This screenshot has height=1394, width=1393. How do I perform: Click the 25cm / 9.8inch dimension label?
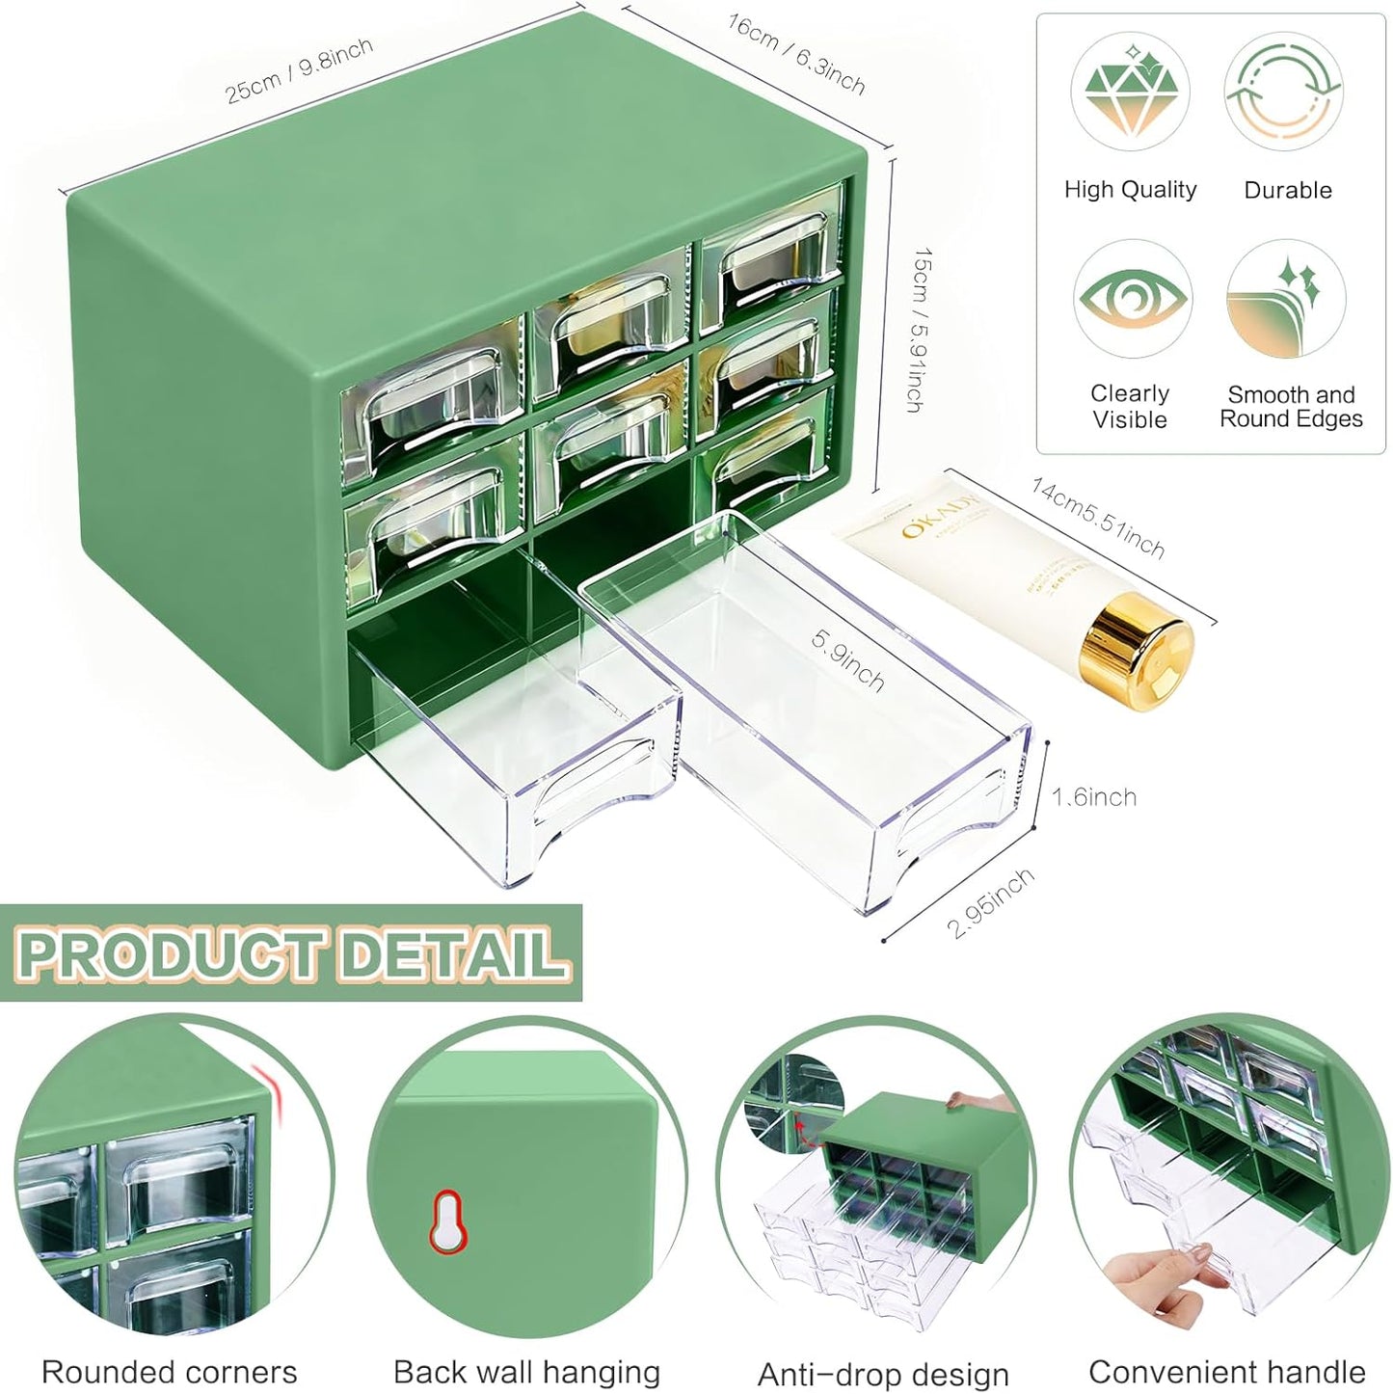[x=299, y=70]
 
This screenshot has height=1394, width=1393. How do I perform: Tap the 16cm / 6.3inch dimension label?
[x=795, y=54]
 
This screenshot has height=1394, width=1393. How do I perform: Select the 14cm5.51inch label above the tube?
[x=1098, y=518]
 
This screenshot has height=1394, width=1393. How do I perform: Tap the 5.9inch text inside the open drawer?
[x=847, y=660]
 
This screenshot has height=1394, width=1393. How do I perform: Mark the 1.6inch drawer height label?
[x=1093, y=797]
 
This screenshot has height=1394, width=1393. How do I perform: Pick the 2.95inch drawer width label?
[x=990, y=902]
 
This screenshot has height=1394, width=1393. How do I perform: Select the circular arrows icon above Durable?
[x=1283, y=92]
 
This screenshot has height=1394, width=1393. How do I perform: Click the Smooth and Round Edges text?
[x=1291, y=407]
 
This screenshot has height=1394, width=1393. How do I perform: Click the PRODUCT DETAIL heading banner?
[x=291, y=952]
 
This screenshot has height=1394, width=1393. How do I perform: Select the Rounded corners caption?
[x=170, y=1371]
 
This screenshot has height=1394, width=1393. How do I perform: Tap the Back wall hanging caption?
[x=526, y=1371]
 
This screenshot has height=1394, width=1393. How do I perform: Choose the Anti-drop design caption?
[x=883, y=1373]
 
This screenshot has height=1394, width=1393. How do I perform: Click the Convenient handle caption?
[x=1226, y=1371]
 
